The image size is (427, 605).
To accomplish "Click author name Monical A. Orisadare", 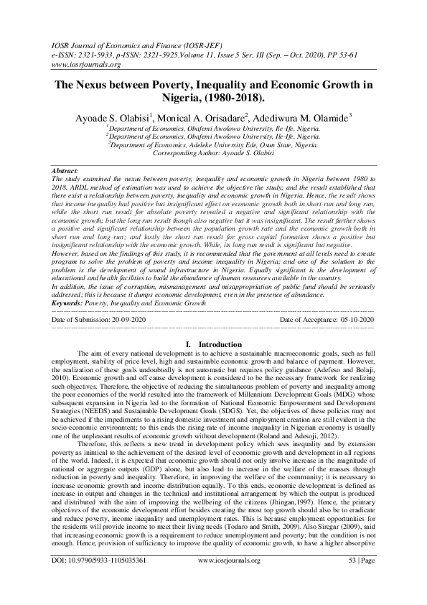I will coord(207,115).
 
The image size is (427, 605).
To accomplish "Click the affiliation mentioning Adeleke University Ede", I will coord(212,144).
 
